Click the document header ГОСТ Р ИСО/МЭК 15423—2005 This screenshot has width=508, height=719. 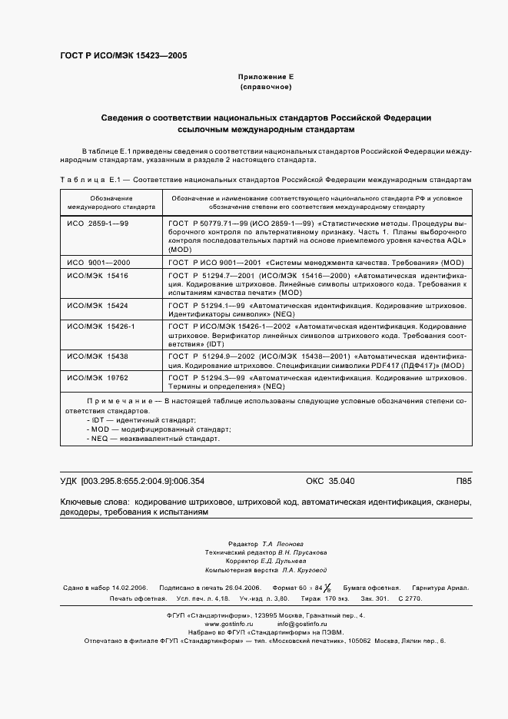coord(123,56)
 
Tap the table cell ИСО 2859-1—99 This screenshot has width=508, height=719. coord(98,223)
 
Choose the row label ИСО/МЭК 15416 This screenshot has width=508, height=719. coord(98,275)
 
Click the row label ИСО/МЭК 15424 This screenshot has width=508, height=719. coord(98,305)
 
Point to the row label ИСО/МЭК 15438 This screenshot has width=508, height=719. coord(98,356)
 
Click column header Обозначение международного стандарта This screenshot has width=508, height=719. coord(111,203)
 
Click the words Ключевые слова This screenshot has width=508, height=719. coord(93,502)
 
